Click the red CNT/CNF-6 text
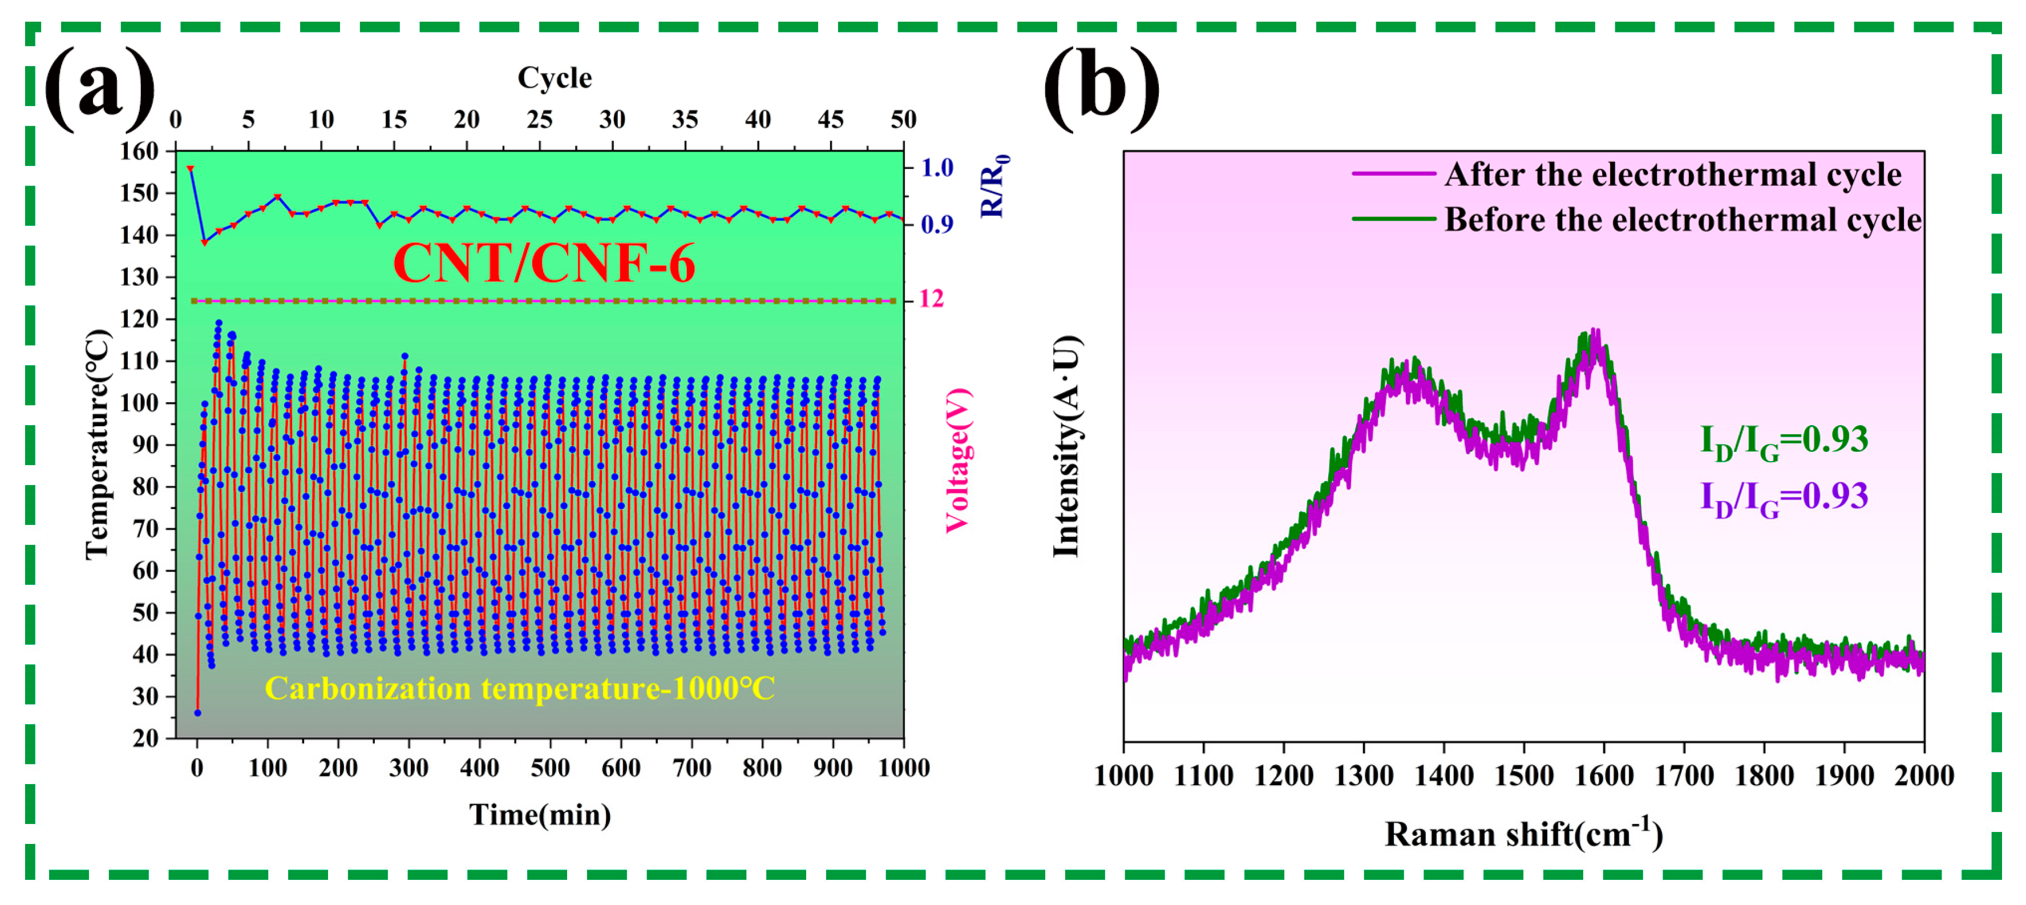[x=544, y=262]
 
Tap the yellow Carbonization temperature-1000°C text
[x=519, y=688]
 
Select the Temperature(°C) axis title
[x=97, y=445]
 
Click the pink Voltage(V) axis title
[x=958, y=460]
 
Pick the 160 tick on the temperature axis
[x=139, y=151]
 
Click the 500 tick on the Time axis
[x=550, y=767]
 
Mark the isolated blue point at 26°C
[x=197, y=713]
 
